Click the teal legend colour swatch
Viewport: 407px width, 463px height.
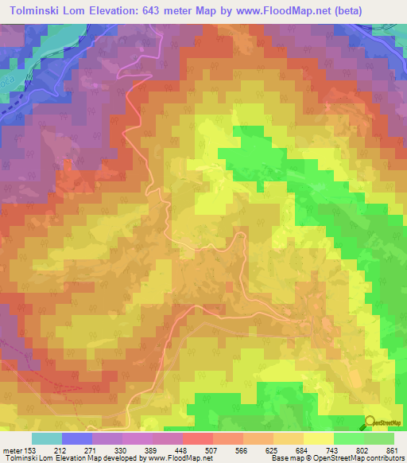tap(46, 438)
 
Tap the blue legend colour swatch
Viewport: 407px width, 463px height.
tap(76, 438)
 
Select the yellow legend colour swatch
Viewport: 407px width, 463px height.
tap(319, 438)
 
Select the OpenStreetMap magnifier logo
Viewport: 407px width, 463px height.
tap(370, 422)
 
